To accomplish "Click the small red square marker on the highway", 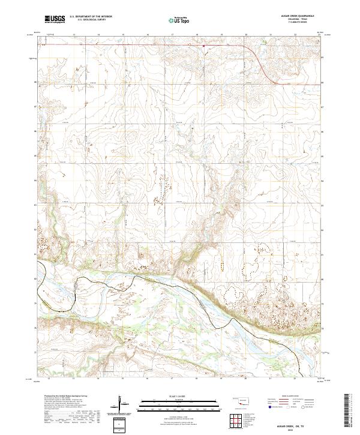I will click(x=203, y=44).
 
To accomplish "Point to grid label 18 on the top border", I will click(x=196, y=35).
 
